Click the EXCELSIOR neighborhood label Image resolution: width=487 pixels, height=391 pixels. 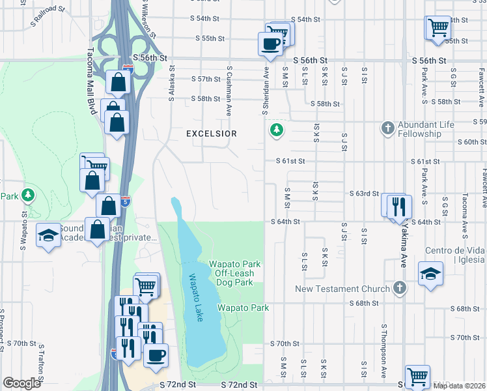211,134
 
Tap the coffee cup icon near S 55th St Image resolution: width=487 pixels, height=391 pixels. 270,44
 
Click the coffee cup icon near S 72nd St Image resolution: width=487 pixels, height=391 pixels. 156,355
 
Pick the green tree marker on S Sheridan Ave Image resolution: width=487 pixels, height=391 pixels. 277,130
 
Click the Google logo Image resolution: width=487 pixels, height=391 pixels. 21,383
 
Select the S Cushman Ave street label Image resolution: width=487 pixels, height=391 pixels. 229,85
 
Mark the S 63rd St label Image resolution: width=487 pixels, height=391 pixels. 364,194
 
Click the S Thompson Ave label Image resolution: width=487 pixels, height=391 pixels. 385,345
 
